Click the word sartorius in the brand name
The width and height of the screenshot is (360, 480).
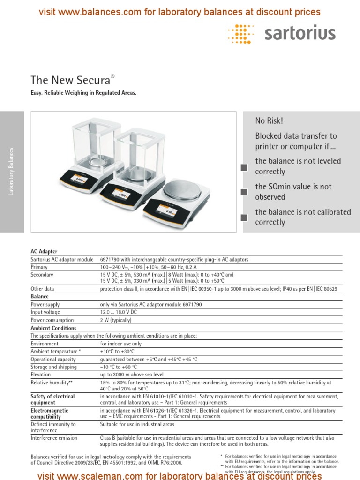click(300, 33)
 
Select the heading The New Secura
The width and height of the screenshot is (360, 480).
click(73, 80)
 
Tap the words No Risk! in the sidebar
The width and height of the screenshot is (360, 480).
click(269, 121)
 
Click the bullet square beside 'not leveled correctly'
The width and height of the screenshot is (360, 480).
click(244, 167)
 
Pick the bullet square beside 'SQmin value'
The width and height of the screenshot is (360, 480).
click(244, 192)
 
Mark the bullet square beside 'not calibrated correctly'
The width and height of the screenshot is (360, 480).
click(244, 217)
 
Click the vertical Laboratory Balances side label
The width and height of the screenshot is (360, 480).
click(12, 171)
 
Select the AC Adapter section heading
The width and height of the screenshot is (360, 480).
click(44, 252)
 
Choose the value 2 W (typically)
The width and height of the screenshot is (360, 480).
click(116, 320)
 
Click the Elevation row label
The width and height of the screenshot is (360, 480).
click(41, 375)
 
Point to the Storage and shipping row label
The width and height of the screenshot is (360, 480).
click(53, 367)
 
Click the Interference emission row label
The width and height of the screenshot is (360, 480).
click(54, 438)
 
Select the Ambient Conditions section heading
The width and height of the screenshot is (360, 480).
click(53, 328)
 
